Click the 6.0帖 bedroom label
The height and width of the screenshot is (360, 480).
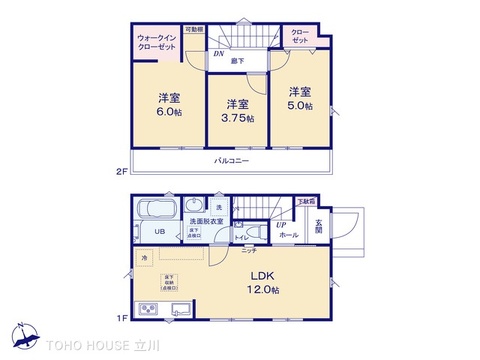(168, 105)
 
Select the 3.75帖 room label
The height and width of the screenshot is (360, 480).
(238, 110)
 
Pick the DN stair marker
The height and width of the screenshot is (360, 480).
(219, 55)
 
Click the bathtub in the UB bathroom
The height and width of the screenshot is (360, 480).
(155, 209)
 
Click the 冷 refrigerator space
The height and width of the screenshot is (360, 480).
(143, 260)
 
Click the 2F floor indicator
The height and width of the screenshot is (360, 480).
(121, 171)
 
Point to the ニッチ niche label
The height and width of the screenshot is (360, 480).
(248, 250)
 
